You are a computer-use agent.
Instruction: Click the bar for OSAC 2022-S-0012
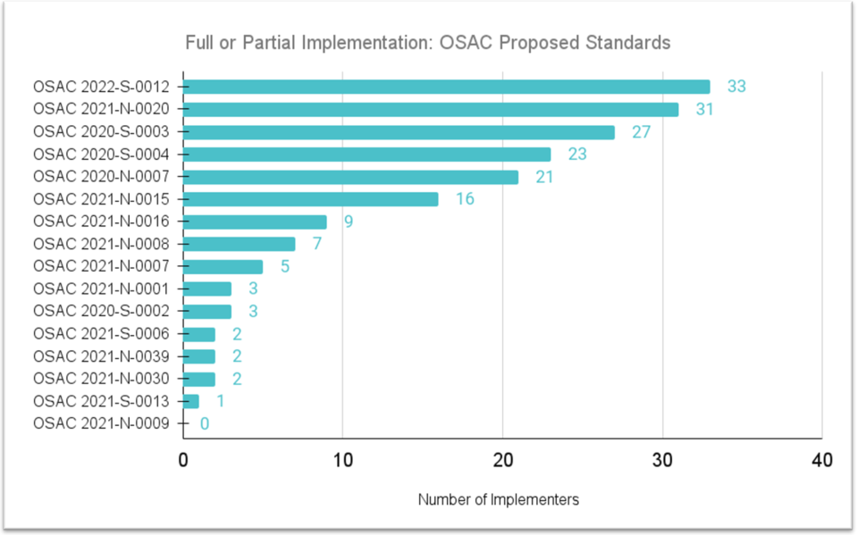click(x=446, y=87)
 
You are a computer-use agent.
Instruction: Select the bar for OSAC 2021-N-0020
click(x=431, y=109)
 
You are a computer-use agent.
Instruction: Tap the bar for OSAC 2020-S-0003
click(x=399, y=132)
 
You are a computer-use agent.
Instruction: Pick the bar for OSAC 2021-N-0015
click(x=311, y=199)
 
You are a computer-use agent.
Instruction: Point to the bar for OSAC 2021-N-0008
click(x=239, y=244)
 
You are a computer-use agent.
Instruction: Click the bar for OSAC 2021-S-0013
click(x=191, y=401)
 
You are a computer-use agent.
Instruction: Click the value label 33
click(x=736, y=87)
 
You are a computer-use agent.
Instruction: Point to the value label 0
click(x=205, y=423)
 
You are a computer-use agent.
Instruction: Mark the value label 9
click(x=348, y=222)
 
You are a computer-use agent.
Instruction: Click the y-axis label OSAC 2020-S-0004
click(x=101, y=155)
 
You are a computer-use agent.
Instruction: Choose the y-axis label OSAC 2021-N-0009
click(x=101, y=423)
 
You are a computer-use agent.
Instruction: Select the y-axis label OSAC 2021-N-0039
click(x=101, y=356)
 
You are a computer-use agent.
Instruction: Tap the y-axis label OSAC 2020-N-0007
click(x=101, y=177)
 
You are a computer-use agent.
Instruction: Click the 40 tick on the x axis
click(x=821, y=461)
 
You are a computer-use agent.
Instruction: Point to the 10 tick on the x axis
click(x=342, y=461)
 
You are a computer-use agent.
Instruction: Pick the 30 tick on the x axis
click(x=661, y=461)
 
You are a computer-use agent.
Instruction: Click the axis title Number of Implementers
click(x=498, y=500)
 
